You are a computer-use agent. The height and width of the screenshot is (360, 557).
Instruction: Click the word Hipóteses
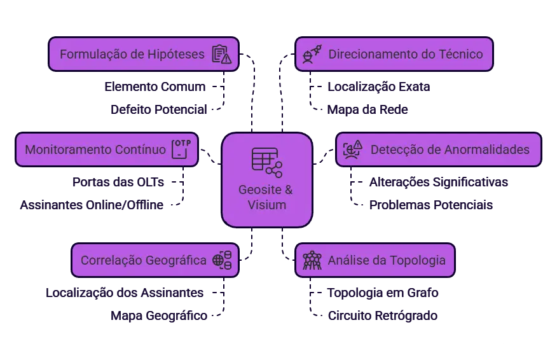click(175, 54)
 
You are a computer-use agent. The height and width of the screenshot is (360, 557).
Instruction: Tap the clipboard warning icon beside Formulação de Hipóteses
click(221, 54)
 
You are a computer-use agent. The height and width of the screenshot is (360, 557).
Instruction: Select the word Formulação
click(92, 54)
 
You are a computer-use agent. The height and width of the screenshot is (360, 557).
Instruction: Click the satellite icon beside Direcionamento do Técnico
click(312, 54)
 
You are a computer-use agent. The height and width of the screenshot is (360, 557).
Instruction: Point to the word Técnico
click(460, 54)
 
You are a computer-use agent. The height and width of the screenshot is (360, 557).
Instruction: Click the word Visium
click(266, 205)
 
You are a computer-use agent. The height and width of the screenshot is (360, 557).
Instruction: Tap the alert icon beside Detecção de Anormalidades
click(352, 149)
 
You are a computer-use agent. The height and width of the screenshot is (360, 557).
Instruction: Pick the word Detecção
click(394, 150)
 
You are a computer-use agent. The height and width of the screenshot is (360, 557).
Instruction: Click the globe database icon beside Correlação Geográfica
click(221, 260)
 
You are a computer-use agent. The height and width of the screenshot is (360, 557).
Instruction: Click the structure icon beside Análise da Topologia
click(312, 260)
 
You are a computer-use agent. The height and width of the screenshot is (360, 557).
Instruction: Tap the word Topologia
click(418, 260)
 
